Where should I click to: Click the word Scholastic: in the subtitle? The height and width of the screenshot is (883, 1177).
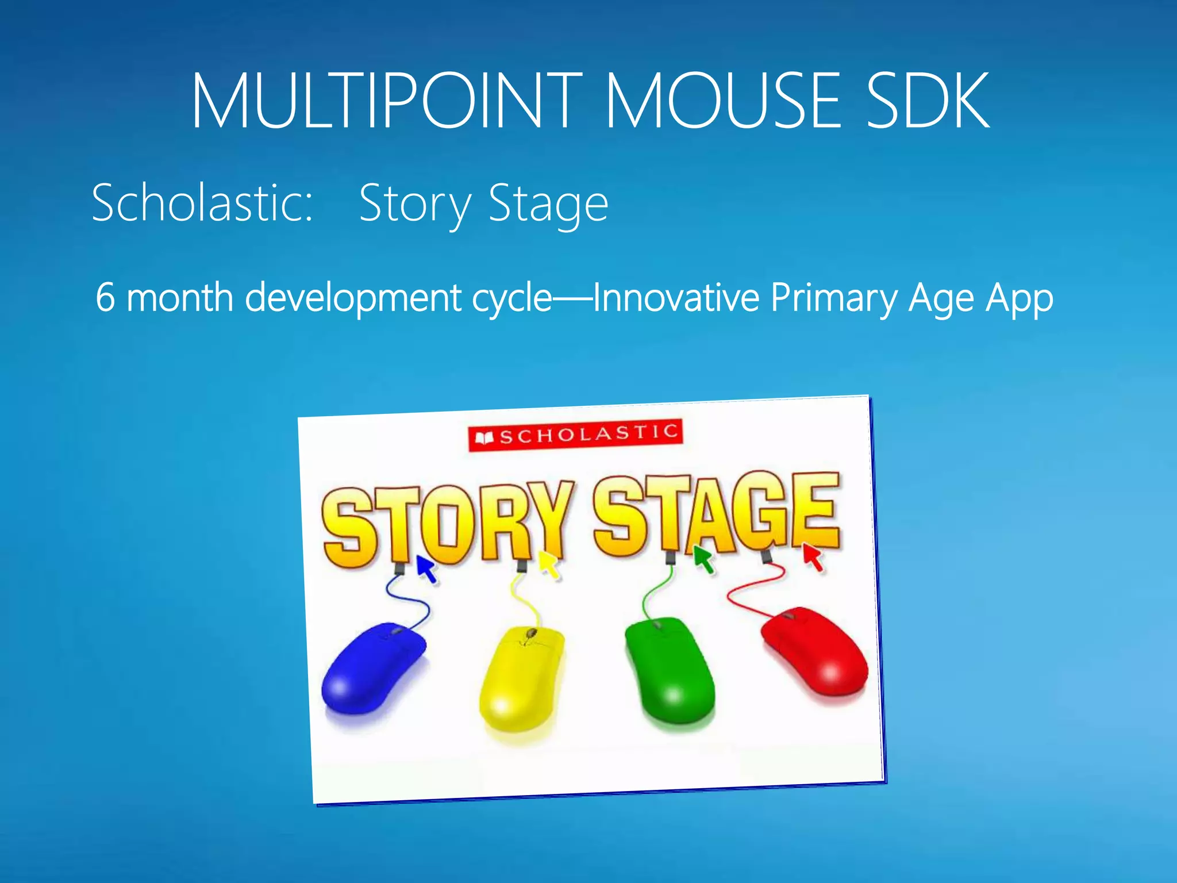(202, 202)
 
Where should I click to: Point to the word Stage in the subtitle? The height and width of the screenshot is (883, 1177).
(548, 204)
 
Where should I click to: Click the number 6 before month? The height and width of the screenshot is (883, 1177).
(105, 297)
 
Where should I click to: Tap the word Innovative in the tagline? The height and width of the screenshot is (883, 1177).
(676, 297)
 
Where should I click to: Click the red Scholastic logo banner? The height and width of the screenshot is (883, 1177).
(575, 435)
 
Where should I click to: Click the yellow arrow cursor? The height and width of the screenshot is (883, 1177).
(548, 563)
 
